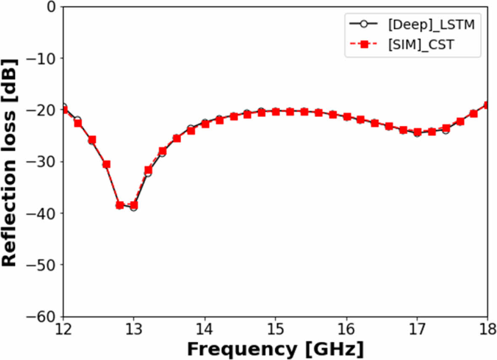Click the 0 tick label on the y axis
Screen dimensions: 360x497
pyautogui.click(x=51, y=7)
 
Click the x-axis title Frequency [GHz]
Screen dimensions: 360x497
pyautogui.click(x=275, y=349)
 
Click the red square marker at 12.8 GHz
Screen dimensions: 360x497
pyautogui.click(x=120, y=205)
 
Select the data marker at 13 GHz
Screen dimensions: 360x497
pyautogui.click(x=134, y=206)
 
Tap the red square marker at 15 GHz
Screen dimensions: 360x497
pyautogui.click(x=276, y=111)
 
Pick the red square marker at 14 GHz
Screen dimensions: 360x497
pyautogui.click(x=205, y=124)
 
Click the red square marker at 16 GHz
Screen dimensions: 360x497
pyautogui.click(x=347, y=117)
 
